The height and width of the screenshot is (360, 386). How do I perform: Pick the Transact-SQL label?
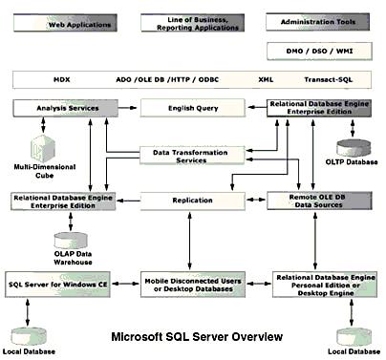pyautogui.click(x=328, y=81)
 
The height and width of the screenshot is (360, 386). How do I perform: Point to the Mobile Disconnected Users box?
pyautogui.click(x=194, y=284)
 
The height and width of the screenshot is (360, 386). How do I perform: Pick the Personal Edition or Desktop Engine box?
pyautogui.click(x=321, y=284)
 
